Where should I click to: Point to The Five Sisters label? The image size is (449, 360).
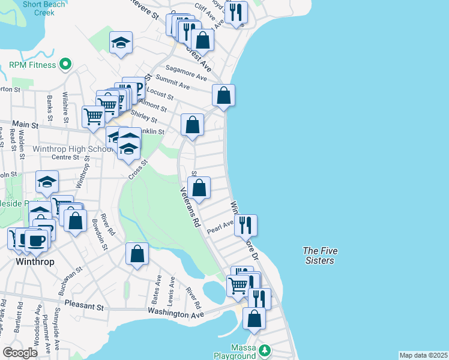click(318, 256)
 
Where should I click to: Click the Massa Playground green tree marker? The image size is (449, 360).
click(265, 350)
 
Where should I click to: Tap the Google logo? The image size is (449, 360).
click(20, 353)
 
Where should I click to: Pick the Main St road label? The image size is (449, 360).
click(26, 126)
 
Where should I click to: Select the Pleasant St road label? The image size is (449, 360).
click(84, 306)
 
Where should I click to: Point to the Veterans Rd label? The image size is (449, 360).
click(190, 205)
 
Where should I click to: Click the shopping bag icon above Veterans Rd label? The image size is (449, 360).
click(199, 187)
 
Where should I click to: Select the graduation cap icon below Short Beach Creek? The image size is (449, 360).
click(121, 43)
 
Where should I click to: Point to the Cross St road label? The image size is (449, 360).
click(137, 170)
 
